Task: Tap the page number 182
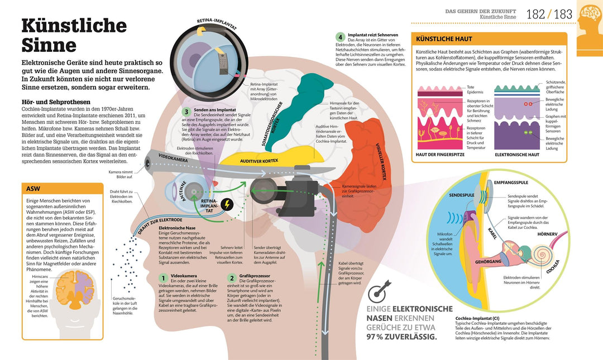[535, 14]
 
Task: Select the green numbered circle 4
[339, 37]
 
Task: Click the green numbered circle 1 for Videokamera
[163, 278]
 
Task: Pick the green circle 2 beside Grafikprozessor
[231, 278]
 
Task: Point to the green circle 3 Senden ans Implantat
[187, 111]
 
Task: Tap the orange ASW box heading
[35, 189]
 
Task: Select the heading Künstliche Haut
[444, 39]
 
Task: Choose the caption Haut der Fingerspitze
[441, 154]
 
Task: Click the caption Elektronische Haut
[516, 154]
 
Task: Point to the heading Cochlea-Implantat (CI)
[485, 319]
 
